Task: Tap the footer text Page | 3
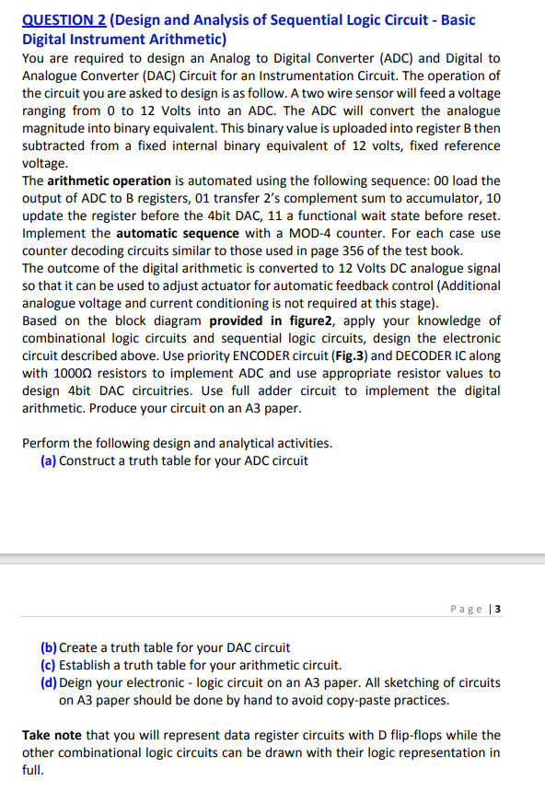tap(476, 609)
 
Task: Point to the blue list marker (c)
tap(49, 665)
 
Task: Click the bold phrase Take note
tap(52, 735)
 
